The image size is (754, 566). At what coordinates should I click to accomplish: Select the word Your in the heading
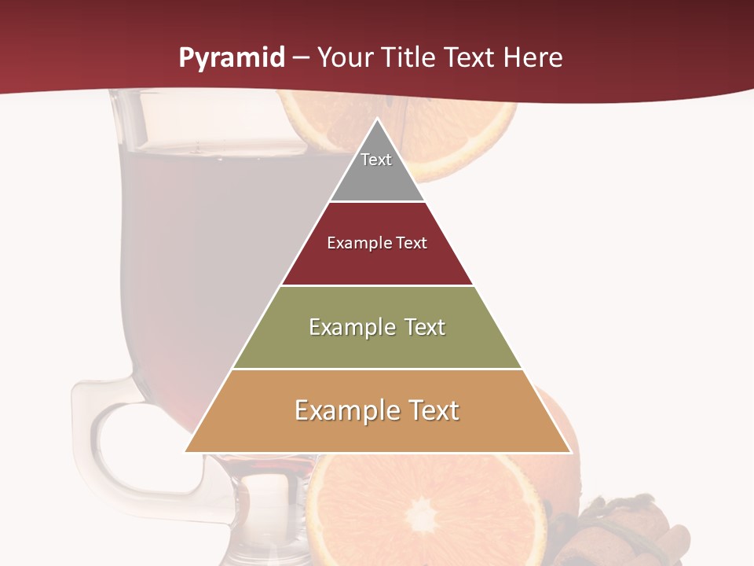pyautogui.click(x=346, y=57)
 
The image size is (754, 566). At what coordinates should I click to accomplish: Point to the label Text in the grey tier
pyautogui.click(x=376, y=160)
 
